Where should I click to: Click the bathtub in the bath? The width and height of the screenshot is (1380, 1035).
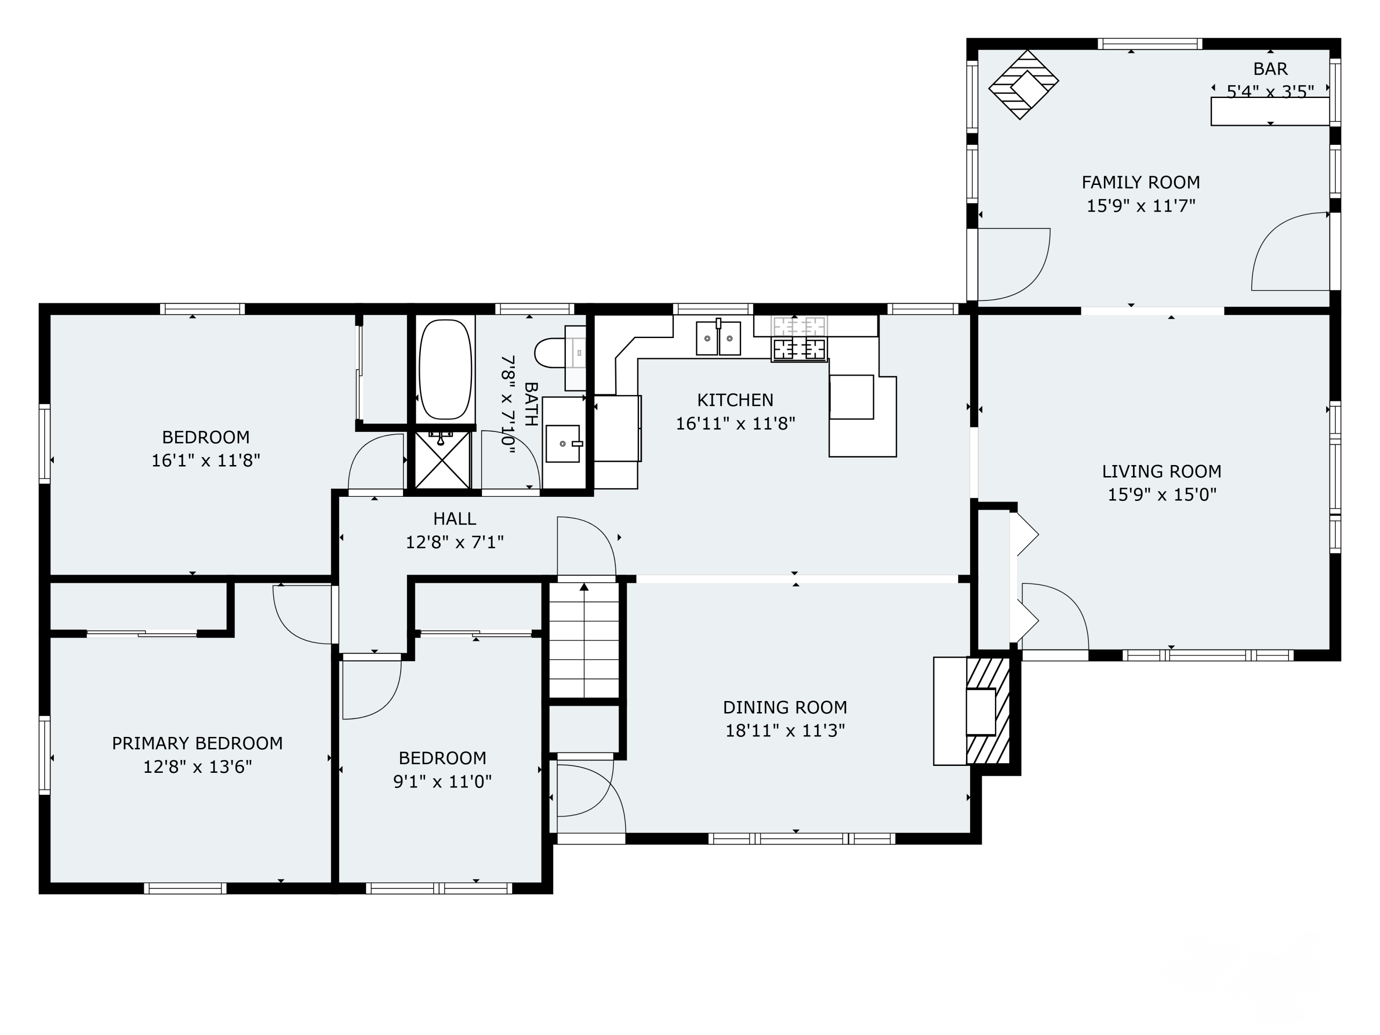click(x=445, y=370)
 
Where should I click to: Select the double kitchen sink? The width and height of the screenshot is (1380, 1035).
click(x=718, y=338)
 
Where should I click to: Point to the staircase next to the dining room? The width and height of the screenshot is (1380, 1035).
click(x=584, y=641)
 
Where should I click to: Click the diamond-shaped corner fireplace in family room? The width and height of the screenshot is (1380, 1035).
click(x=1023, y=85)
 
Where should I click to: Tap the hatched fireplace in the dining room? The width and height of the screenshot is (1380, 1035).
click(x=988, y=711)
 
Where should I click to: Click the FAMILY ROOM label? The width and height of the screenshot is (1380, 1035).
click(x=1140, y=182)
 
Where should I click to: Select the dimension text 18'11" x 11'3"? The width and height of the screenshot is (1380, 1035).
click(x=784, y=730)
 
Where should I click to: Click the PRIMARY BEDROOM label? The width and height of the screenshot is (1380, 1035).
click(x=197, y=743)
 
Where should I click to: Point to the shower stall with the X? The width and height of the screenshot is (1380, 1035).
click(x=443, y=460)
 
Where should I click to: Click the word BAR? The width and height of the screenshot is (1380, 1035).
click(x=1270, y=69)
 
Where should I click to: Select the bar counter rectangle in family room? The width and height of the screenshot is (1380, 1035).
click(x=1270, y=111)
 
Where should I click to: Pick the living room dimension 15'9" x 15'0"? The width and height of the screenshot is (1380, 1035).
click(x=1161, y=494)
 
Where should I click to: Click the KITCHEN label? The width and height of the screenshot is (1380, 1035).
click(x=735, y=400)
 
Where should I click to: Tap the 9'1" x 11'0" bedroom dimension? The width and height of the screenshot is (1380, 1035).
click(x=443, y=781)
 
